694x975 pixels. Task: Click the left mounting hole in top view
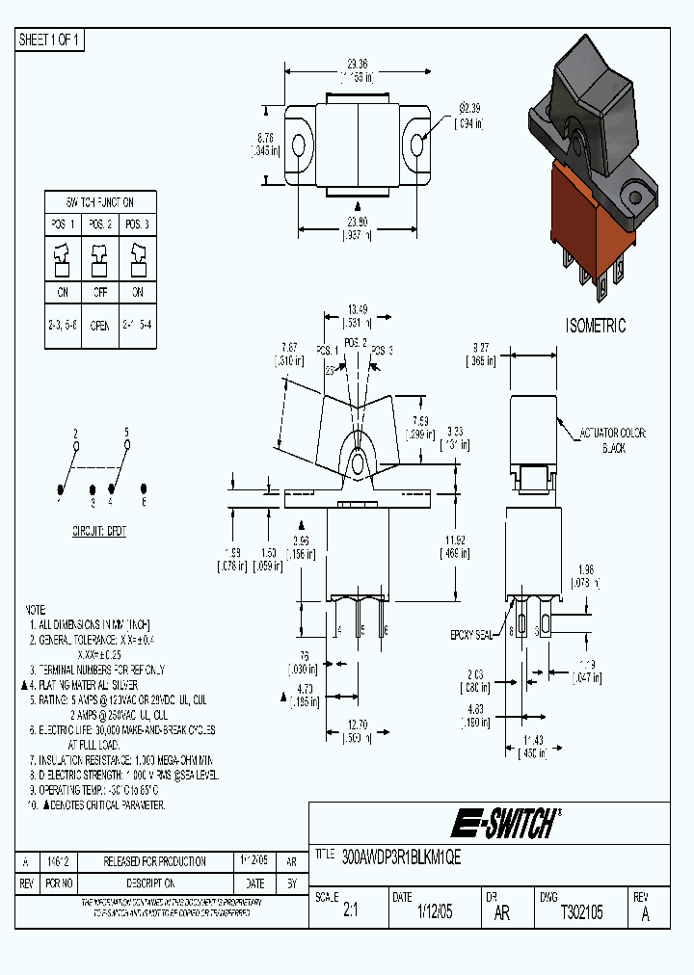(x=298, y=146)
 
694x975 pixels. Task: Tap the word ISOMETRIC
(x=595, y=327)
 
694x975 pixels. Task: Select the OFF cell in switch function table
(x=99, y=293)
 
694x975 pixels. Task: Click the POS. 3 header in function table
(x=137, y=224)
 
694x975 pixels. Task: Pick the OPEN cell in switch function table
(x=99, y=326)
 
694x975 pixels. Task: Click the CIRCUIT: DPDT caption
(x=99, y=531)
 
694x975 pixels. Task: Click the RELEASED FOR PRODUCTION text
(x=155, y=861)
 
